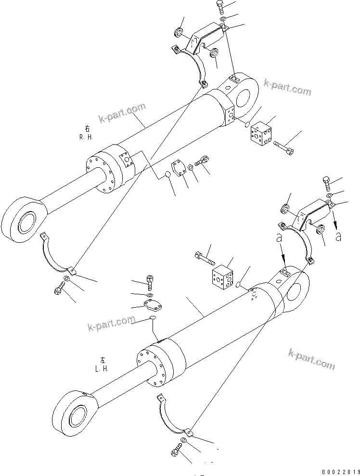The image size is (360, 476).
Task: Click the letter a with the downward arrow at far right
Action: [x=339, y=236]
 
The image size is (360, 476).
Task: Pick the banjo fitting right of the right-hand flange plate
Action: [x=204, y=162]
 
